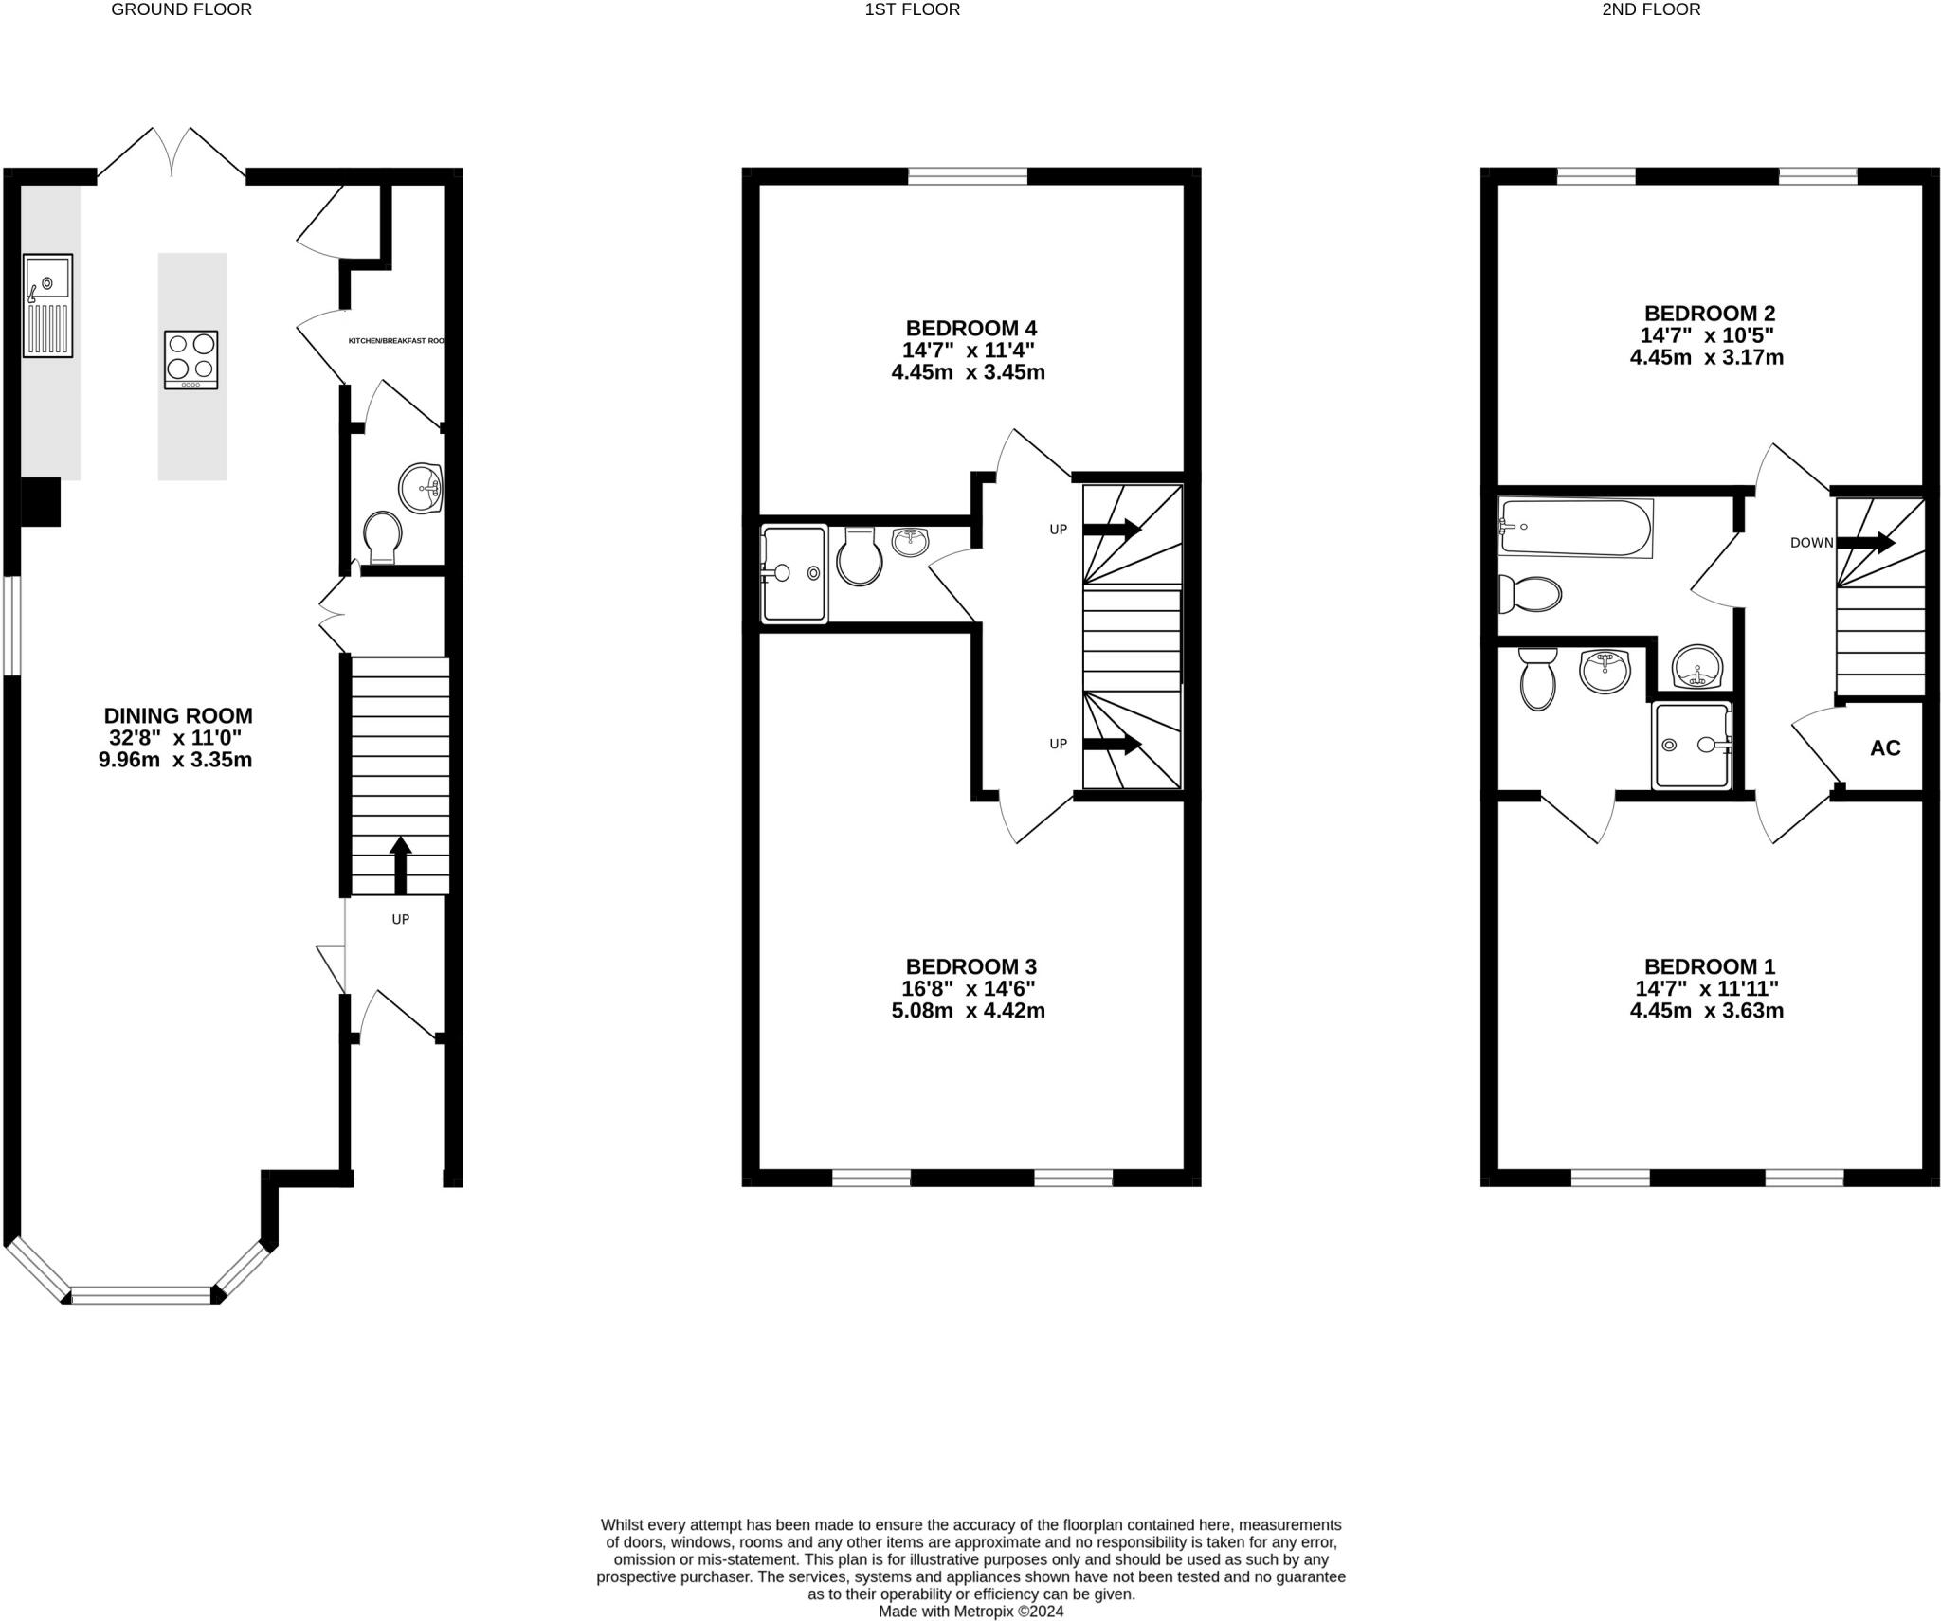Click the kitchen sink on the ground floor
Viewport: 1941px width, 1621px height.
(x=47, y=305)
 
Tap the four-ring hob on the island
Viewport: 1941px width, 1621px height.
(x=190, y=359)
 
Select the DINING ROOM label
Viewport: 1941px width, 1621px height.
(x=177, y=716)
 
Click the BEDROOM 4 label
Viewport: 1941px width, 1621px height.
(x=970, y=329)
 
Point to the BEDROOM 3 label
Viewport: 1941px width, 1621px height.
(x=970, y=966)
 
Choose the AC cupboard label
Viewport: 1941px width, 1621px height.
(x=1884, y=748)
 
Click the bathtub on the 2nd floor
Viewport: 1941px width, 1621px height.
(x=1574, y=528)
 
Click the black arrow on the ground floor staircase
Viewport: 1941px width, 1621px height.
(x=400, y=864)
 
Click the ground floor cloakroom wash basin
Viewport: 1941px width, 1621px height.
(x=421, y=489)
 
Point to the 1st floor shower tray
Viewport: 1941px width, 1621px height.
(x=794, y=573)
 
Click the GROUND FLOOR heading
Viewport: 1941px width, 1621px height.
(x=181, y=10)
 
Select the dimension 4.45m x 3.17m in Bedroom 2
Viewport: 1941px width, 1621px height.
(x=1706, y=358)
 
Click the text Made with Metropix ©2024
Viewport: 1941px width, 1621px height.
(x=970, y=1611)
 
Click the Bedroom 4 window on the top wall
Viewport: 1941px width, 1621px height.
(x=967, y=176)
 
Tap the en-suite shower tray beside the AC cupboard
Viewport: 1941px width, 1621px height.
(x=1691, y=746)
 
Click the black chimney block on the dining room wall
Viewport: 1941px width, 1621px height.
(x=40, y=502)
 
